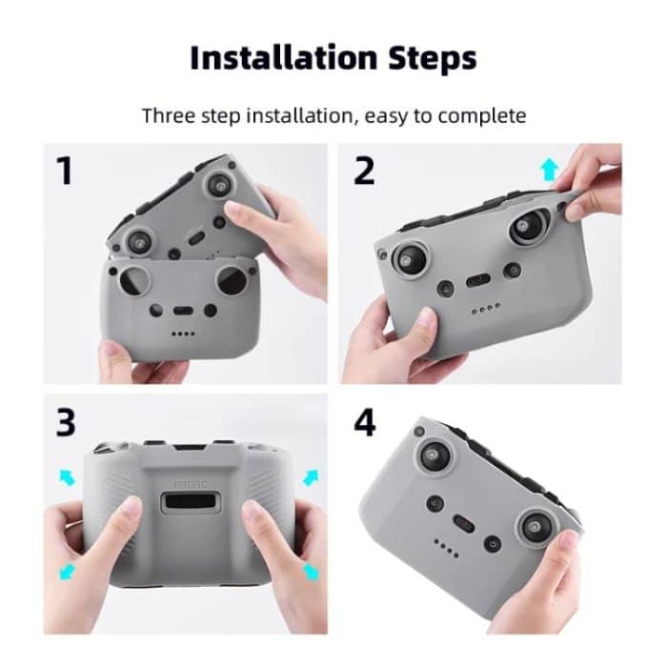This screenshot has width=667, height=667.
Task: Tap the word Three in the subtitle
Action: coord(169,116)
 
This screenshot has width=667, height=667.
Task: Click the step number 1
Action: coord(64,171)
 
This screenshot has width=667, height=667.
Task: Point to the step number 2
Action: coord(364,171)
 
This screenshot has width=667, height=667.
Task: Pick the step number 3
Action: coord(65,422)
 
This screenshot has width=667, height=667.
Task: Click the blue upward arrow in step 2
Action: coord(549,170)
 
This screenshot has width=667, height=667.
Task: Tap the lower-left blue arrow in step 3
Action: coord(68,572)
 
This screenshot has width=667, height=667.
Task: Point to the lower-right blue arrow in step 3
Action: coord(311,571)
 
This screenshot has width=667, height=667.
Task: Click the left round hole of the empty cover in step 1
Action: coord(139,284)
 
